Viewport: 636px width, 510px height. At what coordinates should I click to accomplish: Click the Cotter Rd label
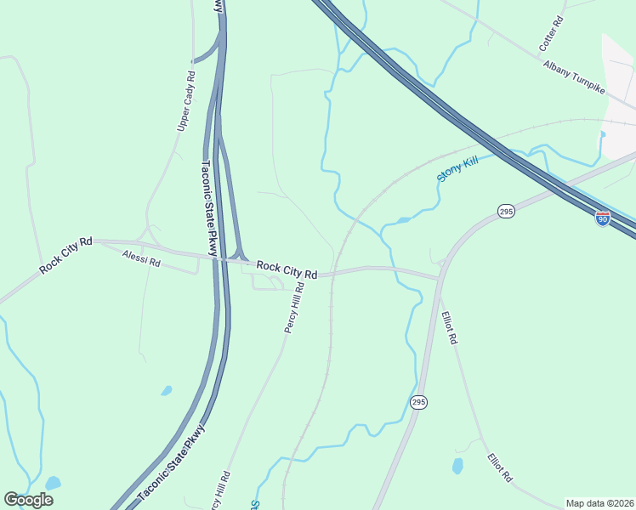click(x=552, y=31)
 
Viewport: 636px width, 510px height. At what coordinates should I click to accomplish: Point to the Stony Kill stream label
click(x=458, y=167)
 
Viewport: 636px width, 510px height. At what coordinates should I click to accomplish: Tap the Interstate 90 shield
click(x=602, y=218)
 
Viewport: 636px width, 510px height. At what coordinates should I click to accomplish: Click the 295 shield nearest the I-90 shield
click(x=506, y=211)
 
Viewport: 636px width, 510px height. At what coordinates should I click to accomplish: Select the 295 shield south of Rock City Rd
click(x=417, y=401)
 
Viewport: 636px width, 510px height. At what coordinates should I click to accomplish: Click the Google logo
click(x=28, y=499)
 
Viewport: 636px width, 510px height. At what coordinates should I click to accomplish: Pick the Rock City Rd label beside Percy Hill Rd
click(x=287, y=269)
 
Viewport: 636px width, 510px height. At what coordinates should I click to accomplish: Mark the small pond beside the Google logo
click(x=53, y=483)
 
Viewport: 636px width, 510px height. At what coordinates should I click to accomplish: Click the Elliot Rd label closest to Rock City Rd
click(x=450, y=327)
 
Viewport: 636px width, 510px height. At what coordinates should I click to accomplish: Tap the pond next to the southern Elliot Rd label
click(x=458, y=465)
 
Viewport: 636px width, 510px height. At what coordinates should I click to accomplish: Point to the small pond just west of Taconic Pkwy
click(x=167, y=391)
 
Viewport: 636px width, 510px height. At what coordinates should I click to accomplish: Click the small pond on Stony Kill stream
click(x=403, y=220)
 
